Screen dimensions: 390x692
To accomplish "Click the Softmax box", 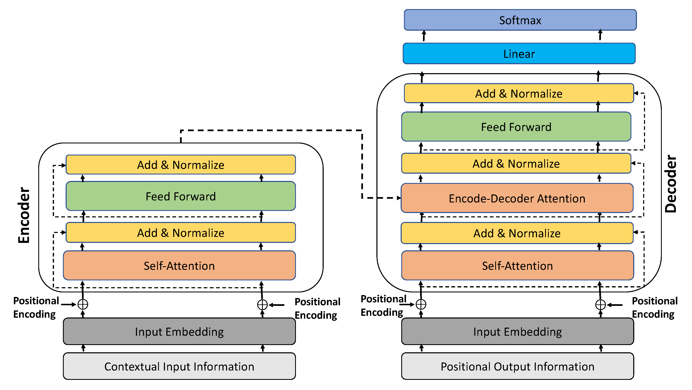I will click(x=520, y=20).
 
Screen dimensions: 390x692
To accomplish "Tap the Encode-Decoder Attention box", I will click(x=517, y=199).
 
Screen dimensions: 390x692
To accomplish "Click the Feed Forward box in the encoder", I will click(x=180, y=196).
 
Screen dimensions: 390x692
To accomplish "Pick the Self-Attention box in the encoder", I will click(x=179, y=266).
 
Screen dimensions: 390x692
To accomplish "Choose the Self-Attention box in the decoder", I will click(x=517, y=266).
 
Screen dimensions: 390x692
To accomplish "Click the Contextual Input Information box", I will click(x=179, y=366).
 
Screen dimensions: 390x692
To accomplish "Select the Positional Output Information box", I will click(x=517, y=366).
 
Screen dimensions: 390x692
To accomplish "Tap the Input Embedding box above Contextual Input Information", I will click(x=179, y=331).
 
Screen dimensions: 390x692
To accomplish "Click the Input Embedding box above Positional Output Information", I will click(x=517, y=331).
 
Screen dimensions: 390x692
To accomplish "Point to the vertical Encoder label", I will click(x=24, y=215).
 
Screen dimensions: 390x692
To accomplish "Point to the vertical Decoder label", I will click(x=670, y=183).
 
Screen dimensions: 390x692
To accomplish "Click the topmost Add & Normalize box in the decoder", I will click(x=519, y=93).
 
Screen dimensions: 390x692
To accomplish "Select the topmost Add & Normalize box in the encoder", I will click(x=180, y=165).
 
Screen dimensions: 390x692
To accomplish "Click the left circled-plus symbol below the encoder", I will click(x=83, y=304).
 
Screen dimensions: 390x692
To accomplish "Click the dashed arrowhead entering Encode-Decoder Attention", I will click(x=399, y=198).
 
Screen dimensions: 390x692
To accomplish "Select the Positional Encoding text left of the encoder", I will click(x=36, y=307).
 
